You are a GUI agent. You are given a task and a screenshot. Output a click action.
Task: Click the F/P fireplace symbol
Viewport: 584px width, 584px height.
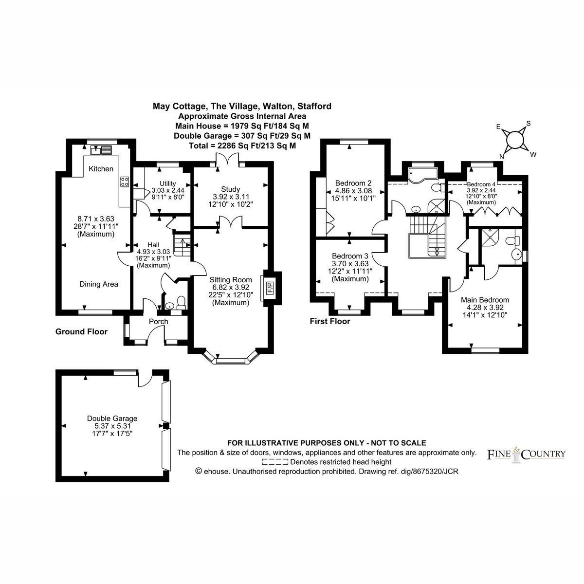pos(270,287)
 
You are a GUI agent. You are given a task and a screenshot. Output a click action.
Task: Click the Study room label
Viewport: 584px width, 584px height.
pos(230,189)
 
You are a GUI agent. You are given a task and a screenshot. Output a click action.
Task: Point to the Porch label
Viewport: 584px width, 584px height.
pos(158,321)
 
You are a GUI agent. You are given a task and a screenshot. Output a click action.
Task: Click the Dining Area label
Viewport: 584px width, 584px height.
pos(98,284)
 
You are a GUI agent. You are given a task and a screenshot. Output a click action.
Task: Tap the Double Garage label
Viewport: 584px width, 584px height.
pos(112,418)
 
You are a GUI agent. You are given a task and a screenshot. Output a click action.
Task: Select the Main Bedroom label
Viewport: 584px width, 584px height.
pos(485,300)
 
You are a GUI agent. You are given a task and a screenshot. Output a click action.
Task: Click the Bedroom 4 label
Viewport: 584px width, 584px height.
pos(481,184)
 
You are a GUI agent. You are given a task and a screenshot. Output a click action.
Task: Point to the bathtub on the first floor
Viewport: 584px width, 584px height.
pos(423,175)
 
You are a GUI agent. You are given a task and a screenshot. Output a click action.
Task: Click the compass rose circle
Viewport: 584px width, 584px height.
pos(514,139)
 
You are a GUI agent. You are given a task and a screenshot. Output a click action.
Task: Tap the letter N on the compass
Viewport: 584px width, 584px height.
pos(502,156)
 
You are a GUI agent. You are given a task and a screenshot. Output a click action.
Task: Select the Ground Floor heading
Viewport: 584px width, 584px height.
pos(81,331)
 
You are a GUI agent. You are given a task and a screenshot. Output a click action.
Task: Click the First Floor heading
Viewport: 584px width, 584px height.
pos(330,321)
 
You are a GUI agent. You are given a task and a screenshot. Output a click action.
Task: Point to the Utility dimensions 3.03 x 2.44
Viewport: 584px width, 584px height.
pos(167,190)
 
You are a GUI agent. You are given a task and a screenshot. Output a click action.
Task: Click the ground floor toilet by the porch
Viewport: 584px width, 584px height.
pos(181,302)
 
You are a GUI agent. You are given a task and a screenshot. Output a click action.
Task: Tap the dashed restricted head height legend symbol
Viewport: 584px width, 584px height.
pos(275,462)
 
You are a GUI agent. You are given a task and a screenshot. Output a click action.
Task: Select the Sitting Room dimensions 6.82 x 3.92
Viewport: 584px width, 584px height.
pos(230,287)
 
